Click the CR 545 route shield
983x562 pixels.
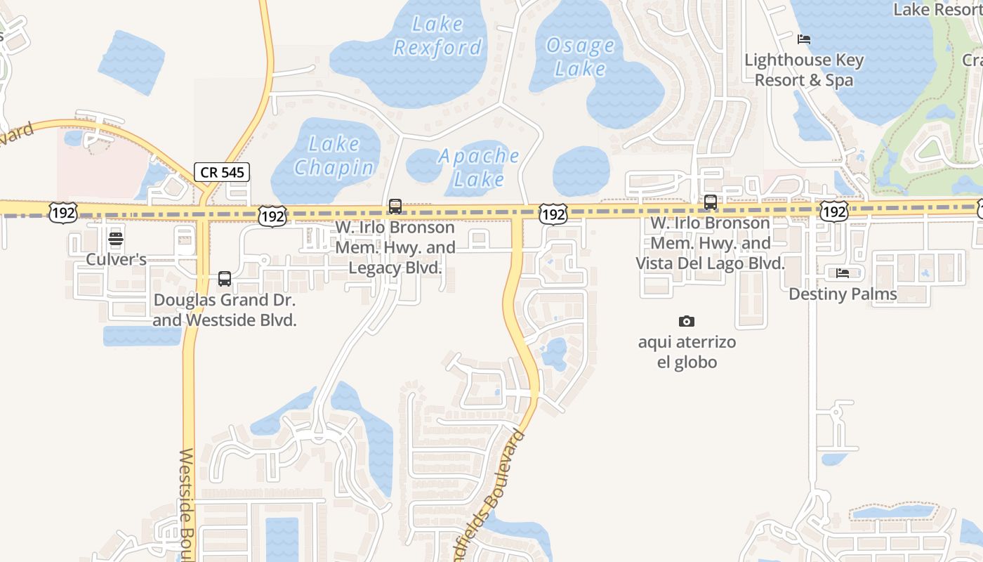click(x=222, y=171)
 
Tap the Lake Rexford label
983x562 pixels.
click(x=438, y=36)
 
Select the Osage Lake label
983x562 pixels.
click(x=580, y=57)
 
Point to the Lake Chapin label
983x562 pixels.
click(x=334, y=156)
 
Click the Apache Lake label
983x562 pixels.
click(x=479, y=167)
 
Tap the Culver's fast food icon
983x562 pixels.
click(x=116, y=239)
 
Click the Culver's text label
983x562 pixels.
click(x=116, y=259)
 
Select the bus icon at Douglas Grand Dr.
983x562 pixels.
click(x=225, y=279)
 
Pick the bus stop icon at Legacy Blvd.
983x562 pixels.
click(x=395, y=207)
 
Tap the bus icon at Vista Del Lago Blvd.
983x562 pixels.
click(x=711, y=202)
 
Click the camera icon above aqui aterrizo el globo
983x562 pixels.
click(x=687, y=322)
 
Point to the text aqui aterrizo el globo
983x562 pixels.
click(x=687, y=353)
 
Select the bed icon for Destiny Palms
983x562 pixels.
click(x=843, y=273)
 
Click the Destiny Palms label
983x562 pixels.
click(x=843, y=294)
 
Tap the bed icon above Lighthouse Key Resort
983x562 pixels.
click(x=804, y=39)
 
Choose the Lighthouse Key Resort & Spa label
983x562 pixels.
click(x=804, y=70)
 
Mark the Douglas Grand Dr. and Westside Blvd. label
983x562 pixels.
click(x=225, y=310)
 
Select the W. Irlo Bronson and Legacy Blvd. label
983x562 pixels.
click(x=395, y=248)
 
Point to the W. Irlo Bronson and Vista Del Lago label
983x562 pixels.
click(x=711, y=243)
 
